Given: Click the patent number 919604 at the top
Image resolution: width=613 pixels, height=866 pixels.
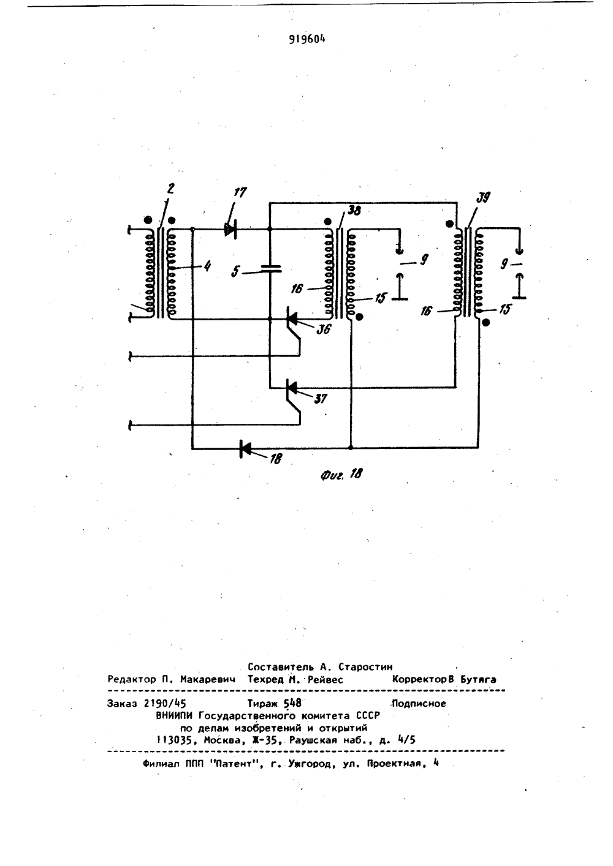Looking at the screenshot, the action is (x=307, y=39).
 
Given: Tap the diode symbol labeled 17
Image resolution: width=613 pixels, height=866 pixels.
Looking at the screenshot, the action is (x=230, y=230).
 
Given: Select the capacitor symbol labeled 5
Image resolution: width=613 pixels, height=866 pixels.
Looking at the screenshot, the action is (x=270, y=268).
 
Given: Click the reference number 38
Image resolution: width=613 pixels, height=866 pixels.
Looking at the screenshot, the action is (x=354, y=211).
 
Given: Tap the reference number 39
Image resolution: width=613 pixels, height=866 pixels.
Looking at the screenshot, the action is (x=482, y=198).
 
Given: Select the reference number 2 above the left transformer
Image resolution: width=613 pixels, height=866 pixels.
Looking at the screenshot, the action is (x=170, y=189).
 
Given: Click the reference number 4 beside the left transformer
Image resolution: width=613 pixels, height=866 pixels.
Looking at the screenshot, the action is (x=207, y=266).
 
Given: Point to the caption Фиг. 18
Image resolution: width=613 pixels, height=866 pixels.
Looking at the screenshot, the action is (x=341, y=475).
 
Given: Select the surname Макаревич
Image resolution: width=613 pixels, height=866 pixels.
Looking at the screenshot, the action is (x=208, y=679).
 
